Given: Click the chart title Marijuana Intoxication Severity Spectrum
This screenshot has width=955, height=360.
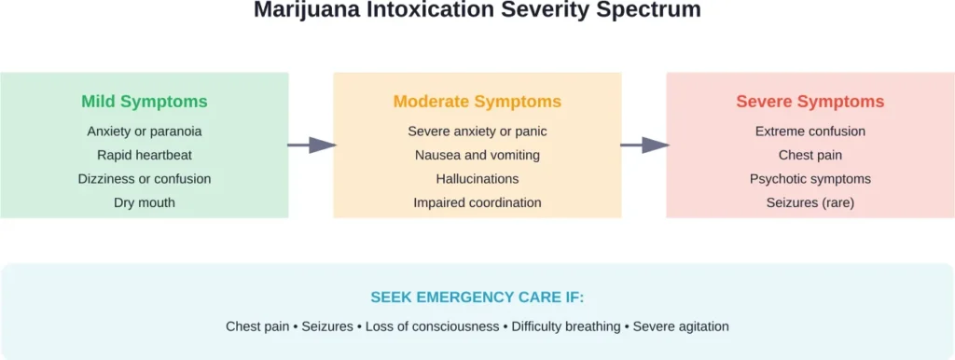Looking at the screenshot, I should pyautogui.click(x=477, y=12).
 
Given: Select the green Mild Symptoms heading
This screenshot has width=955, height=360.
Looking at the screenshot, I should pyautogui.click(x=145, y=102).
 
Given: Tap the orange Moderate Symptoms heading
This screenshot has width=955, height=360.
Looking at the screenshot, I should pyautogui.click(x=477, y=102).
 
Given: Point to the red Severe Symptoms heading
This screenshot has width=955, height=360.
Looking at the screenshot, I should pyautogui.click(x=810, y=102).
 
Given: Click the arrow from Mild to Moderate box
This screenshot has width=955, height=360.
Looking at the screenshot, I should pyautogui.click(x=311, y=145).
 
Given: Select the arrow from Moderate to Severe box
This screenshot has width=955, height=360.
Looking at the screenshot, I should pyautogui.click(x=644, y=145).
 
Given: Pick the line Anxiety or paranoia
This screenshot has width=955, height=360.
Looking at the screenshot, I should pyautogui.click(x=145, y=132).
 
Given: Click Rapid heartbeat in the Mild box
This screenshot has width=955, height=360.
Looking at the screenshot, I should pyautogui.click(x=145, y=155).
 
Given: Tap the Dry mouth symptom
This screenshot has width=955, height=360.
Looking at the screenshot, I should pyautogui.click(x=145, y=202).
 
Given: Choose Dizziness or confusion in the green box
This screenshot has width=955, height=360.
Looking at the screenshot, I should pyautogui.click(x=145, y=178).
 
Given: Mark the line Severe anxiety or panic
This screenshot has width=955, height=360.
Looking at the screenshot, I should pyautogui.click(x=477, y=132).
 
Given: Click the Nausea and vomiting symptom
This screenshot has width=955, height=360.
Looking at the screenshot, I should pyautogui.click(x=477, y=155).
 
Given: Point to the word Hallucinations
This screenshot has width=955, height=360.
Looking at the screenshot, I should pyautogui.click(x=477, y=178).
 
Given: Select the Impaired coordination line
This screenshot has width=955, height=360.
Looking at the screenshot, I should pyautogui.click(x=477, y=202).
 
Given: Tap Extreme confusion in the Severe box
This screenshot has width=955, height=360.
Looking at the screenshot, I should pyautogui.click(x=810, y=132).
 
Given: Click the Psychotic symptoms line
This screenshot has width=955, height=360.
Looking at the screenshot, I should pyautogui.click(x=810, y=178).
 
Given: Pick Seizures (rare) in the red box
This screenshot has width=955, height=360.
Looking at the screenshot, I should pyautogui.click(x=810, y=202).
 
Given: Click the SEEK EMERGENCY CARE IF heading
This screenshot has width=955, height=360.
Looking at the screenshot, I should pyautogui.click(x=477, y=298).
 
